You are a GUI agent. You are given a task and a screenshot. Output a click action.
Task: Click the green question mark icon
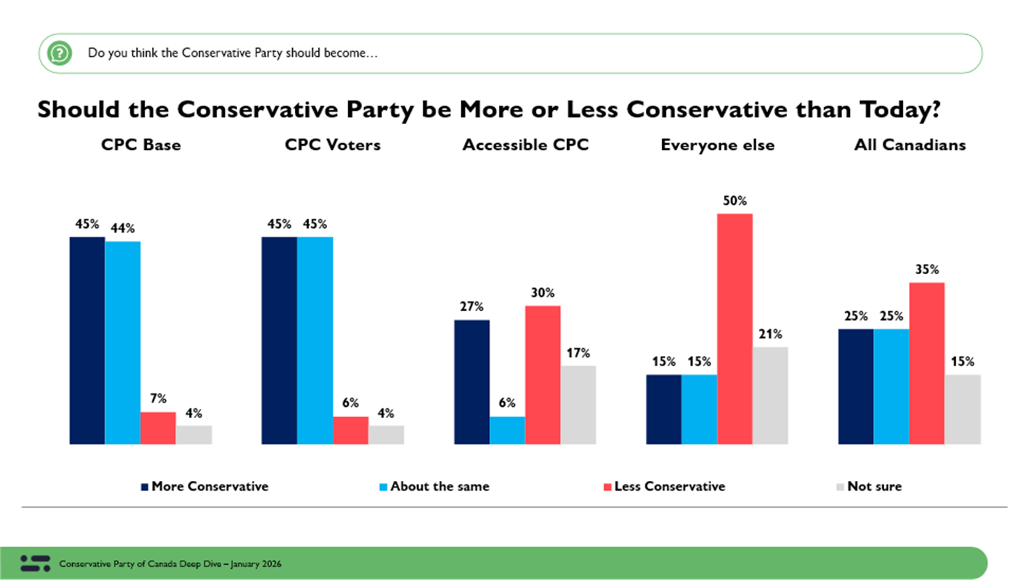point(59,53)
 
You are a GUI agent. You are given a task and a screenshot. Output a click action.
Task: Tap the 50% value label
point(734,201)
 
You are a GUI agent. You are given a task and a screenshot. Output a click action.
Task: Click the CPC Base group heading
point(141,145)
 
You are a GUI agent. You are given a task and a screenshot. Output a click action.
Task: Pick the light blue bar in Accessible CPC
point(507,430)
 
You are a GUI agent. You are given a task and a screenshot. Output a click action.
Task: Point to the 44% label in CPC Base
point(122,229)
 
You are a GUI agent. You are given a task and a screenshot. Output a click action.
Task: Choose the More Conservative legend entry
point(204,486)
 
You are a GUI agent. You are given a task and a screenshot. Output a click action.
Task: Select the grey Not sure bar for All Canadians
point(962,409)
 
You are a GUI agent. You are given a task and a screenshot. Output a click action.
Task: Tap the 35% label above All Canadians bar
point(927,270)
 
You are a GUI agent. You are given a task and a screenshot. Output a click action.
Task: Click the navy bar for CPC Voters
point(279,340)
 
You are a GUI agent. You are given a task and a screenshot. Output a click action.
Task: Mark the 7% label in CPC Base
point(158,399)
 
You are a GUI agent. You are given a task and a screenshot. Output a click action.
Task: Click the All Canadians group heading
point(909,145)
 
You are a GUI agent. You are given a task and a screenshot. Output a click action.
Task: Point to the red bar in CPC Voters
point(350,430)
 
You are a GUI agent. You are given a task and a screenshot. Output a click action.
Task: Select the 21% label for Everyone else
point(770,334)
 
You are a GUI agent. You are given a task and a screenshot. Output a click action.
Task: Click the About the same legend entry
point(434,486)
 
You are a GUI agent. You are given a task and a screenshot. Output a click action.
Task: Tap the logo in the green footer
point(35,563)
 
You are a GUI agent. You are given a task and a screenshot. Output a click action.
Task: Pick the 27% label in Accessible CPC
point(471,307)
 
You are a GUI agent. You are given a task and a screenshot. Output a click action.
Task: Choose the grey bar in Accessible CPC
point(578,404)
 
